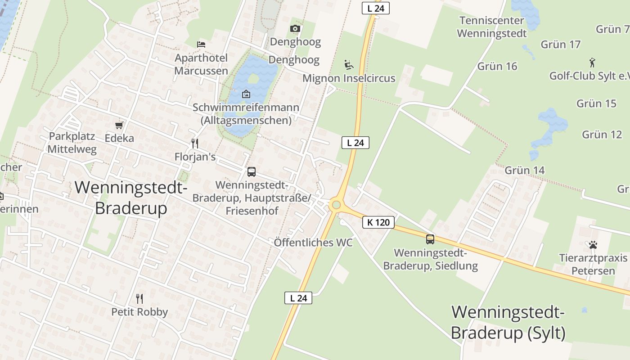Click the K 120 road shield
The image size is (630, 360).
click(378, 222)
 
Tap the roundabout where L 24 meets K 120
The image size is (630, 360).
click(335, 205)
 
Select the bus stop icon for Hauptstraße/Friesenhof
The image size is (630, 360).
click(252, 171)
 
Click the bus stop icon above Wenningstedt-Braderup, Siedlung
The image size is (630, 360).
click(430, 239)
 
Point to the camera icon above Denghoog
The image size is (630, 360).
click(295, 29)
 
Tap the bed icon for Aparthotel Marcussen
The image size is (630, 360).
click(201, 44)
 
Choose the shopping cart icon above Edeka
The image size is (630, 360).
click(119, 125)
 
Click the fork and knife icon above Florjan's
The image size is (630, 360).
click(195, 144)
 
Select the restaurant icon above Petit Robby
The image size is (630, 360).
click(139, 298)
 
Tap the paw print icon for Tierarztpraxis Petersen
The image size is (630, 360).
click(593, 245)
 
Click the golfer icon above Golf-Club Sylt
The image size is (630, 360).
click(592, 62)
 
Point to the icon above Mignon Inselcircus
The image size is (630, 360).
click(348, 65)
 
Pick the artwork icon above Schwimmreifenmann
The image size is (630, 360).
click(246, 94)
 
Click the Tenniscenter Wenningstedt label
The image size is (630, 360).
click(491, 27)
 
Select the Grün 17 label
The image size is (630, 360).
click(560, 44)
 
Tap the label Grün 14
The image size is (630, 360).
click(524, 170)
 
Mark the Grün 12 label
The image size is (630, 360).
click(602, 134)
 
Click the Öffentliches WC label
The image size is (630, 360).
click(313, 243)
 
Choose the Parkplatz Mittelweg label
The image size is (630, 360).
click(72, 143)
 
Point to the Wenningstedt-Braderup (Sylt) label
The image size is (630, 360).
click(508, 323)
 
